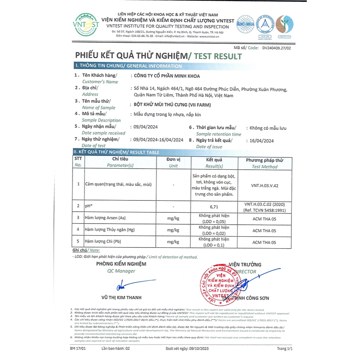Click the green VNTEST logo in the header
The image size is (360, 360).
coord(86,25)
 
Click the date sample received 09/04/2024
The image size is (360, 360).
coord(146,127)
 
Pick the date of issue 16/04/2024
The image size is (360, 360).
coord(259,141)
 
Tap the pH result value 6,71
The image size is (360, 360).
coord(214,206)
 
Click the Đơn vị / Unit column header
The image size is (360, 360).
coord(173,162)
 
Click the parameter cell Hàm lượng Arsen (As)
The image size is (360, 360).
coord(105,218)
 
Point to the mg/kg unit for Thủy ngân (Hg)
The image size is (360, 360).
coord(173,230)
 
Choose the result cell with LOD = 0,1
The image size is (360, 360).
coord(214,242)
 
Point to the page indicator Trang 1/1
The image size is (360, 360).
coord(284,348)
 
